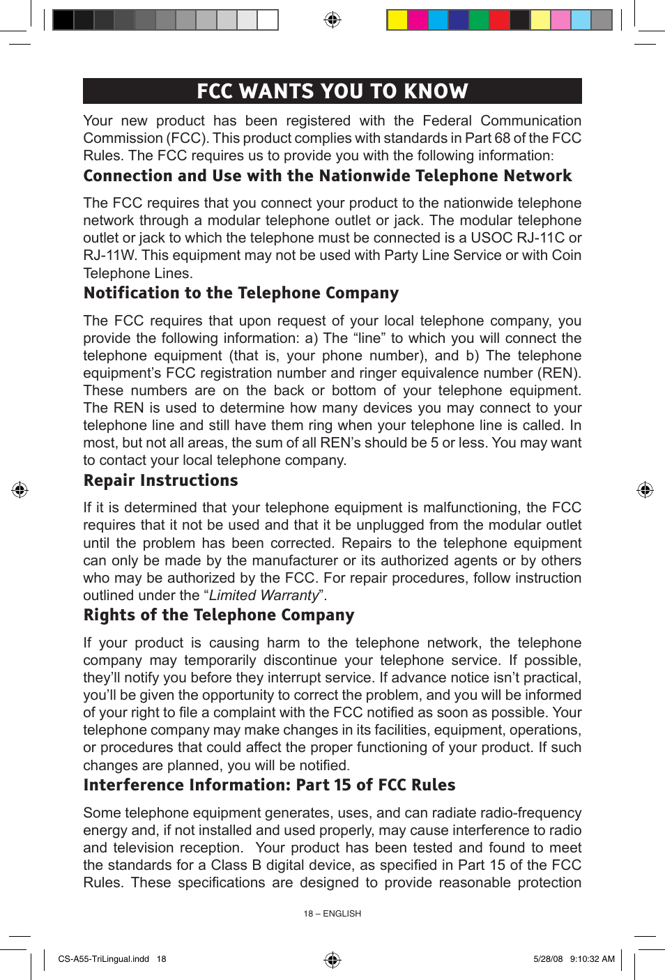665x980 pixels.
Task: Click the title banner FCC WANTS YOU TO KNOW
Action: [x=332, y=91]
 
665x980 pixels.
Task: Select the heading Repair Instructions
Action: [x=160, y=480]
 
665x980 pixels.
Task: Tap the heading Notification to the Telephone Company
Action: [x=240, y=293]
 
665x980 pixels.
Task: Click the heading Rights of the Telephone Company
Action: [x=218, y=615]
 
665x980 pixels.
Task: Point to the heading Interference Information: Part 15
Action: [x=269, y=785]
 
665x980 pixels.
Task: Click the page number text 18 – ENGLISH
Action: [x=332, y=913]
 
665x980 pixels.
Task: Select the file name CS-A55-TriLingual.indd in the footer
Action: [x=103, y=959]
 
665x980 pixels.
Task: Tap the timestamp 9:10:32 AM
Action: [x=592, y=959]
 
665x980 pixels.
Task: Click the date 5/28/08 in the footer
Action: [x=548, y=959]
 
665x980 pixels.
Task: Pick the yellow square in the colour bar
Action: [x=397, y=20]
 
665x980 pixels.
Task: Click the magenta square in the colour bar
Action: [x=418, y=20]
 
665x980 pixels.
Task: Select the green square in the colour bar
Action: [x=479, y=20]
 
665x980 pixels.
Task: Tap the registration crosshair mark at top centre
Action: [x=332, y=20]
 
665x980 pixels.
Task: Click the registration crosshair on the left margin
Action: [x=20, y=490]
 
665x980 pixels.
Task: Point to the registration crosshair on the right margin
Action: [x=645, y=490]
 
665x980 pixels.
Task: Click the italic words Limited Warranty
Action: [x=263, y=595]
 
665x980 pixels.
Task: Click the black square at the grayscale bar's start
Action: [x=63, y=20]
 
